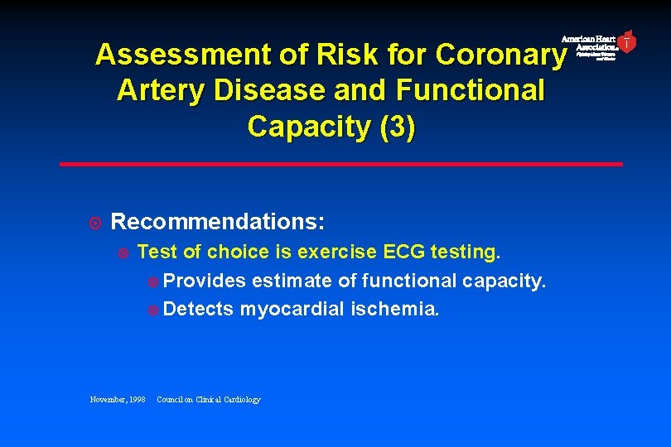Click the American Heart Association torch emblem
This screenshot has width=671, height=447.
click(x=627, y=41)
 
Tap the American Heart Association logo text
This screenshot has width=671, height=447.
click(x=589, y=44)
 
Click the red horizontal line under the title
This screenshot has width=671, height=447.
click(x=340, y=164)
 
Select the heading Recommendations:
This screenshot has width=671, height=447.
click(x=218, y=222)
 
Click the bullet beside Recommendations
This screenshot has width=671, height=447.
click(x=95, y=223)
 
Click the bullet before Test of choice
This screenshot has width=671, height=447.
click(x=123, y=252)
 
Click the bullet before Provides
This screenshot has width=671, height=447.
click(x=152, y=281)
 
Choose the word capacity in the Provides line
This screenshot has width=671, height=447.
click(x=504, y=281)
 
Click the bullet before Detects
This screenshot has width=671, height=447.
click(x=152, y=310)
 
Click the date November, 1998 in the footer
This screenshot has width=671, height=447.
click(x=118, y=400)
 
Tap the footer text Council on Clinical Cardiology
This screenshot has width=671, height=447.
click(x=208, y=400)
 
